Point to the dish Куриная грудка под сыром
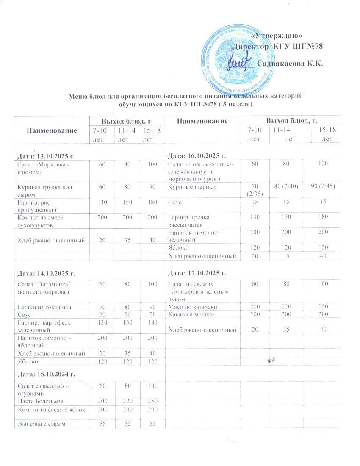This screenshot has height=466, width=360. pyautogui.click(x=44, y=190)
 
